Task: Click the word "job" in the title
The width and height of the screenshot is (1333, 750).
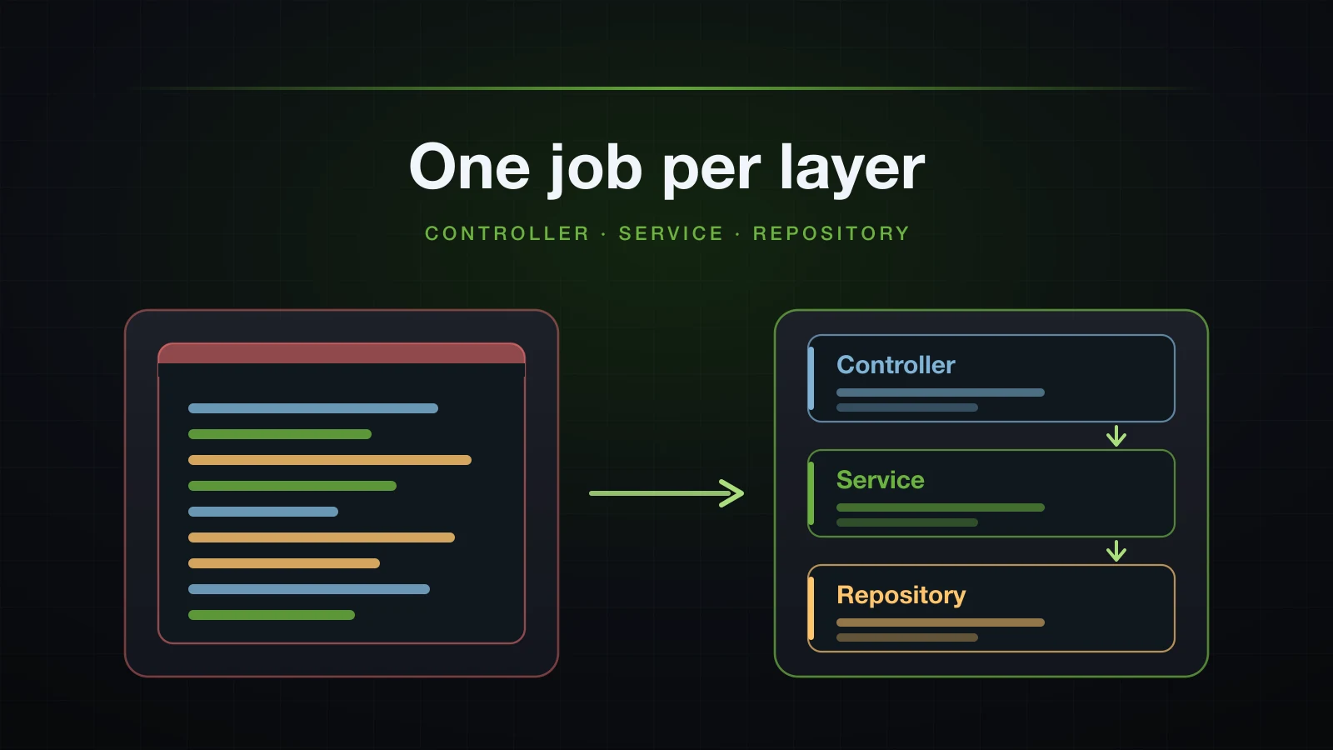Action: click(595, 169)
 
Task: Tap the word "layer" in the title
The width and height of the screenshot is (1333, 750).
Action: click(852, 169)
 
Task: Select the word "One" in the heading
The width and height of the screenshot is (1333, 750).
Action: click(469, 167)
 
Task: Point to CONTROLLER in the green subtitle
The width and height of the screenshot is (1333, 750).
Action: click(507, 233)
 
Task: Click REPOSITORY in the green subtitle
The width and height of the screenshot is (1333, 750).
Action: click(831, 233)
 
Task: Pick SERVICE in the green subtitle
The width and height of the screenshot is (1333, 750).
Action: click(671, 233)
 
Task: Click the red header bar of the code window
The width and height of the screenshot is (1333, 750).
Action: click(342, 353)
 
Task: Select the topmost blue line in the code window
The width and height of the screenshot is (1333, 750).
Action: click(313, 408)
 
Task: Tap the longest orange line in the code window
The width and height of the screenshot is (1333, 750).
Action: click(330, 460)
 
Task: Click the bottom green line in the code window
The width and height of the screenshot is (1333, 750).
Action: click(272, 615)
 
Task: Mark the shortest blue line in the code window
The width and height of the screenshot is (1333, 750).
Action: click(263, 512)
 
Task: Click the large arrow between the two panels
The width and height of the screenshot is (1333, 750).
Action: click(666, 492)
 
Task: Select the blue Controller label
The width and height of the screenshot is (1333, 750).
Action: click(896, 365)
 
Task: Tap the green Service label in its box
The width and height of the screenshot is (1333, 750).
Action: click(880, 480)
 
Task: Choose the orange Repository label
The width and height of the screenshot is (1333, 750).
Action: click(901, 596)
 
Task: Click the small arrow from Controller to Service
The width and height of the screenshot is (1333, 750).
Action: click(1116, 436)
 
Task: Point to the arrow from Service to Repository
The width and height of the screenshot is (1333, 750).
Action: click(1116, 551)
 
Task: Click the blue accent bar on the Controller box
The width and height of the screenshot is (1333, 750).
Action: click(811, 378)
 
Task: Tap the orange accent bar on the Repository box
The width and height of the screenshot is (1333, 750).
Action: click(811, 608)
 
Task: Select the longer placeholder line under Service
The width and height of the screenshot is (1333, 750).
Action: click(941, 507)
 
